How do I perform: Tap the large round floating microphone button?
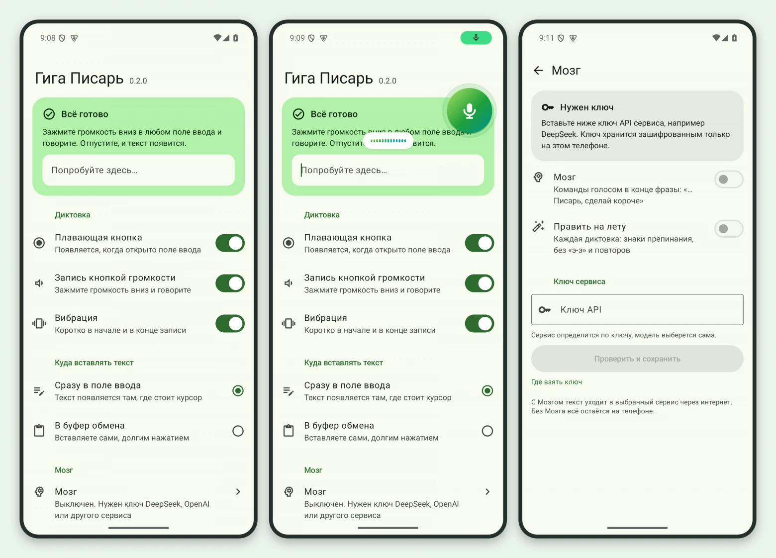pos(470,111)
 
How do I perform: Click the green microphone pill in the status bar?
pos(476,38)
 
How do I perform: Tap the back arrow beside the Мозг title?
pos(538,71)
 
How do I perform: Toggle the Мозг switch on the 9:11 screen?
pos(729,180)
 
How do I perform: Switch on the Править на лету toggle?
pos(729,229)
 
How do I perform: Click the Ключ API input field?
pos(637,310)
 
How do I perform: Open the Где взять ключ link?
pos(556,382)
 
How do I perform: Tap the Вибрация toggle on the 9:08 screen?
pos(230,323)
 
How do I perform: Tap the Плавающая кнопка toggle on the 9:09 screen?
pos(480,243)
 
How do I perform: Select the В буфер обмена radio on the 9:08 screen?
pos(238,431)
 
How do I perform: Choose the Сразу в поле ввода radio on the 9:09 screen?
pos(487,391)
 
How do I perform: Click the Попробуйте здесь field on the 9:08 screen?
pos(139,170)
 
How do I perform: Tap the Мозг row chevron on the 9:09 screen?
pos(487,492)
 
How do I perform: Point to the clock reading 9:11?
pos(546,38)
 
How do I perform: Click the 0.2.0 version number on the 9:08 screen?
pos(138,81)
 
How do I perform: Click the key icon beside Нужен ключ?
pos(548,107)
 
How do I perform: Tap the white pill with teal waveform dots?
pos(388,141)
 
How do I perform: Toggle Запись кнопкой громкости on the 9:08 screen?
pos(230,283)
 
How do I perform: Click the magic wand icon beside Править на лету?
pos(538,226)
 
